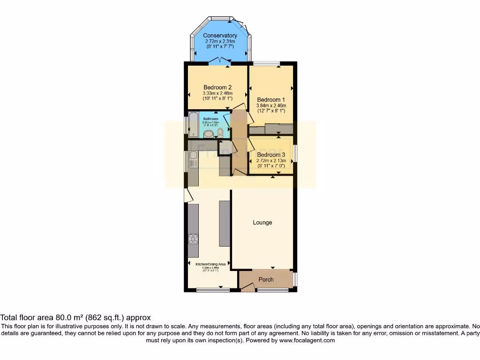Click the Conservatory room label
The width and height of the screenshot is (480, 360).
pyautogui.click(x=220, y=36)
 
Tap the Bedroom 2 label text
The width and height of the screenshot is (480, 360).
pyautogui.click(x=217, y=87)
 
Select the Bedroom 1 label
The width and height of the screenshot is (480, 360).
pyautogui.click(x=271, y=100)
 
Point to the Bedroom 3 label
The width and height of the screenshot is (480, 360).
pyautogui.click(x=271, y=155)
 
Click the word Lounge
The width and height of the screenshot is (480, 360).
pyautogui.click(x=262, y=223)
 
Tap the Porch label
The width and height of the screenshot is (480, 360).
pyautogui.click(x=266, y=280)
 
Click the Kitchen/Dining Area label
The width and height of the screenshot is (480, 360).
pyautogui.click(x=210, y=264)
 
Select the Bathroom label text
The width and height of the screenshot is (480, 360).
pyautogui.click(x=210, y=119)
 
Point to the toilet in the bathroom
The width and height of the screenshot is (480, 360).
pyautogui.click(x=220, y=133)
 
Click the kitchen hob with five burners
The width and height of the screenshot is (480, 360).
pyautogui.click(x=193, y=239)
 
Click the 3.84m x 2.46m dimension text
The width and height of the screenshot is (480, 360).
pyautogui.click(x=271, y=106)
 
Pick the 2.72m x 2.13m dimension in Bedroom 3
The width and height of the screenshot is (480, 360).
pyautogui.click(x=271, y=160)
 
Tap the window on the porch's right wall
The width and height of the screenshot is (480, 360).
pyautogui.click(x=295, y=279)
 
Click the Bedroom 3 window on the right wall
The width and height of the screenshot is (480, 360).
pyautogui.click(x=295, y=154)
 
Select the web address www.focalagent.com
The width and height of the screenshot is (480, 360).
pyautogui.click(x=307, y=340)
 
